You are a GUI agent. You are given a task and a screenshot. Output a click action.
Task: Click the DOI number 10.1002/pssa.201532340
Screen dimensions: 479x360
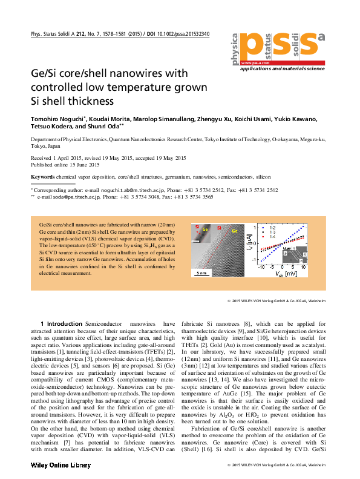pos(179,34)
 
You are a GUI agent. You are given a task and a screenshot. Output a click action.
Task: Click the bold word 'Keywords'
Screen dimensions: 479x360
pos(42,177)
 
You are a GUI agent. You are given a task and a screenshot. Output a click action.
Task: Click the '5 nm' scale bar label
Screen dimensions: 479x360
pos(201,273)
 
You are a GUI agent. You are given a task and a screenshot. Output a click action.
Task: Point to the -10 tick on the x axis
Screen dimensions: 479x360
pos(261,265)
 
